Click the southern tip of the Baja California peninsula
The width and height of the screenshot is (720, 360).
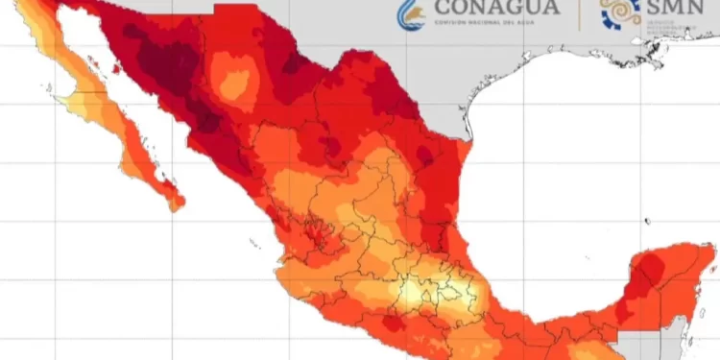tap(176, 204)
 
